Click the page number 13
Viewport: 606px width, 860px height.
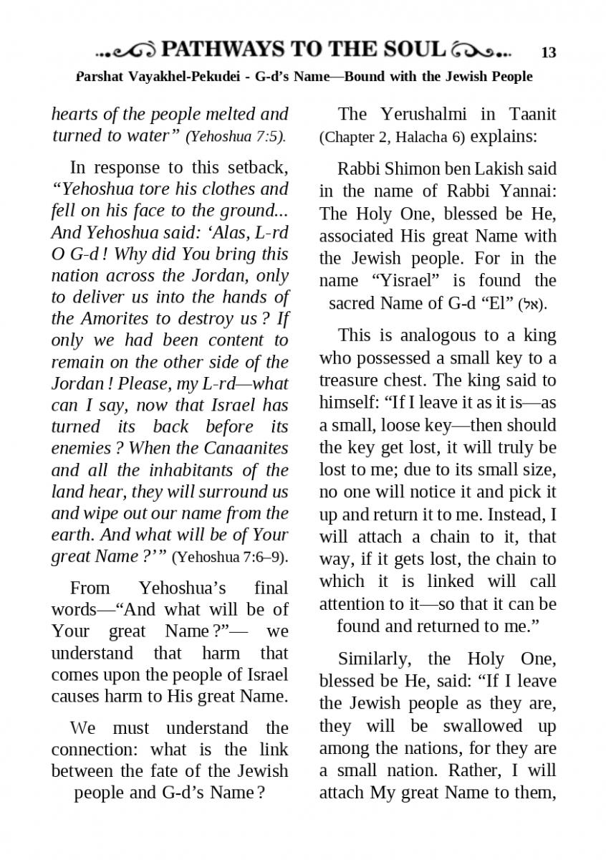click(549, 52)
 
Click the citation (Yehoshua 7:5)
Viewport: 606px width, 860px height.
click(235, 136)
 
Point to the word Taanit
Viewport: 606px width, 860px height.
click(533, 114)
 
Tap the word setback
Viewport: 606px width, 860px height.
click(252, 168)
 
